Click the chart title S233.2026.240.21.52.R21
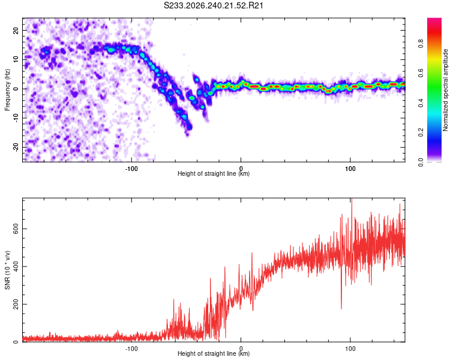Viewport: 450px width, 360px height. tap(213, 5)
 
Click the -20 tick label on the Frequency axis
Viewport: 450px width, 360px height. tap(16, 147)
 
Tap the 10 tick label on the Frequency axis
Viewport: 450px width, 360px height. tap(16, 59)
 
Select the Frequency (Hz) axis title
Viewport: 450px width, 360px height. tap(7, 90)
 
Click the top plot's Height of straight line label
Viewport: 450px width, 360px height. tap(214, 173)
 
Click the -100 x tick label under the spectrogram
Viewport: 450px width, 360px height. tap(131, 169)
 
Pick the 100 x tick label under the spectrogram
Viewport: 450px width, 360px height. tap(350, 169)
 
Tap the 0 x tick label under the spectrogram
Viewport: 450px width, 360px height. tap(241, 169)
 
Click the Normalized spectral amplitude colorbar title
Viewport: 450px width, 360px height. tap(445, 90)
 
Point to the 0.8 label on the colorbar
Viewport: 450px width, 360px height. tap(421, 44)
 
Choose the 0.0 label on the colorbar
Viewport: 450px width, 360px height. tap(421, 162)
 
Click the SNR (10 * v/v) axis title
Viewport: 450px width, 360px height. tap(7, 270)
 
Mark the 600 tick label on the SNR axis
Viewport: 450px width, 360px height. tap(16, 229)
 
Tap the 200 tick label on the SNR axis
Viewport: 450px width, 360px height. tap(16, 304)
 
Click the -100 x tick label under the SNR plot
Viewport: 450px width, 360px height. tap(131, 349)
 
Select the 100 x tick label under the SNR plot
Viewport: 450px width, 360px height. tap(350, 349)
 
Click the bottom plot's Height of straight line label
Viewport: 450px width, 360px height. tap(214, 353)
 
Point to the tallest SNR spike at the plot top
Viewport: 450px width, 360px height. tap(352, 199)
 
